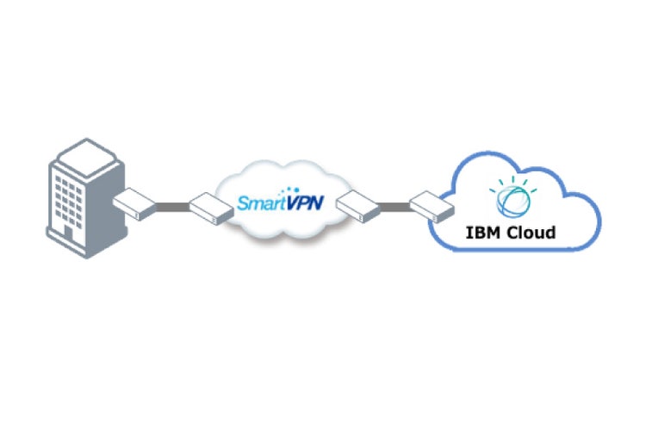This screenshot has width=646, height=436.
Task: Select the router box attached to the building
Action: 134,203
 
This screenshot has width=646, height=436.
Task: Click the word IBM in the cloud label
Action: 482,232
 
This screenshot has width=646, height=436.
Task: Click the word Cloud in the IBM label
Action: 530,232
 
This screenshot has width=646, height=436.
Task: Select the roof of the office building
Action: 86,154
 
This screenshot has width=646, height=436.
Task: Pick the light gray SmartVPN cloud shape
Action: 284,228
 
